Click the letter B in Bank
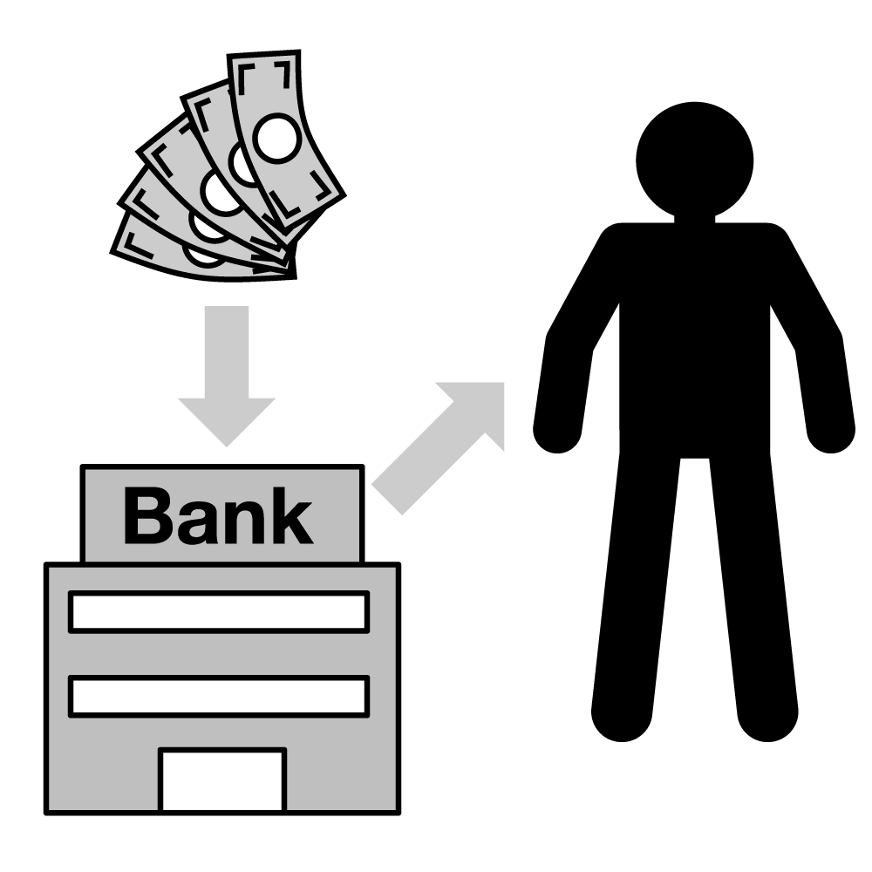149,515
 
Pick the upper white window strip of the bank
218,611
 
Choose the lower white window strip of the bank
218,696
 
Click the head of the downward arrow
227,419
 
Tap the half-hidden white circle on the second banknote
242,163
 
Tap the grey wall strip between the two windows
218,654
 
